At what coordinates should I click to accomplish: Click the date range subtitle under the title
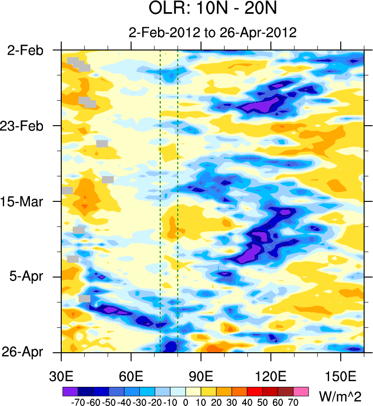(213, 33)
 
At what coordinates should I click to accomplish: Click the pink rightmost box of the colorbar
(301, 391)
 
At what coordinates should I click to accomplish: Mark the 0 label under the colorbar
(186, 401)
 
